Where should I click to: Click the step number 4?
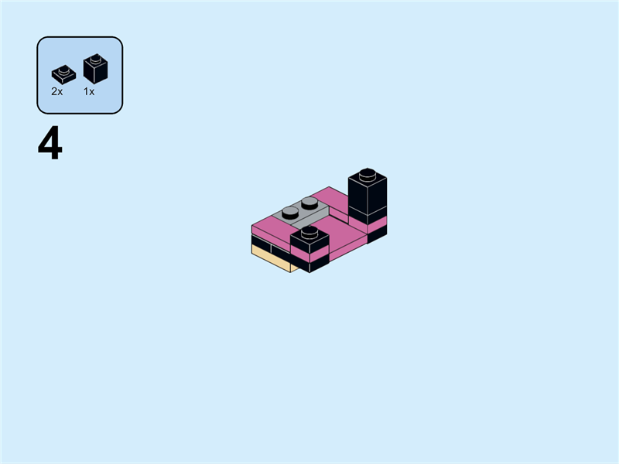(x=50, y=145)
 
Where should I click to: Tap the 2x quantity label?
(x=57, y=91)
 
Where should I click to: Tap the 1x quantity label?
(x=89, y=91)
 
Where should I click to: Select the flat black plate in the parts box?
(x=63, y=75)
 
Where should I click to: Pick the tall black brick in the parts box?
(x=95, y=70)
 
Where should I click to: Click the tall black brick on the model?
(x=367, y=193)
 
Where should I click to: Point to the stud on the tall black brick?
(x=368, y=172)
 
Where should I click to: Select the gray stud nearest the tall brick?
(x=309, y=203)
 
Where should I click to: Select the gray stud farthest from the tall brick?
(x=292, y=212)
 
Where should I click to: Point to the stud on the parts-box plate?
(x=63, y=70)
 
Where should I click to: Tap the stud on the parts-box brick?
(x=95, y=57)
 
